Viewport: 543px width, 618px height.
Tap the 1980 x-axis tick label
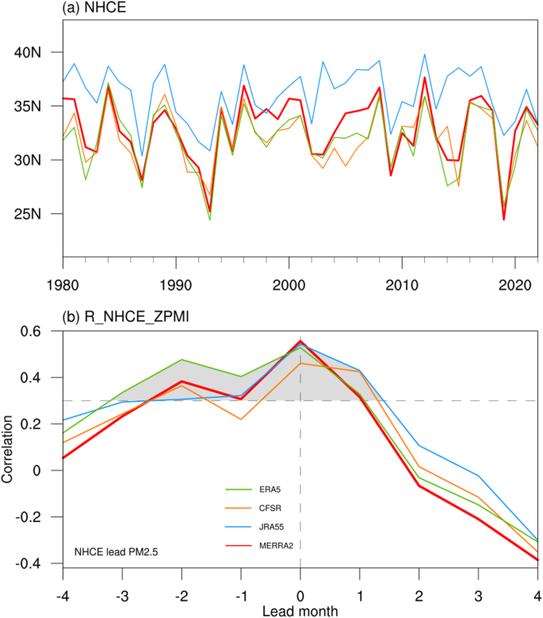[x=63, y=284]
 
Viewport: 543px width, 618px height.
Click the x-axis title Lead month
[x=300, y=610]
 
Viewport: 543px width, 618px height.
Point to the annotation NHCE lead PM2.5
[x=113, y=551]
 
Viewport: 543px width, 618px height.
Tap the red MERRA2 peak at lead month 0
[x=300, y=341]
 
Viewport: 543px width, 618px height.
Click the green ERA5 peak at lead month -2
[x=182, y=360]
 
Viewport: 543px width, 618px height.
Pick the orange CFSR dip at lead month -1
[x=241, y=418]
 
